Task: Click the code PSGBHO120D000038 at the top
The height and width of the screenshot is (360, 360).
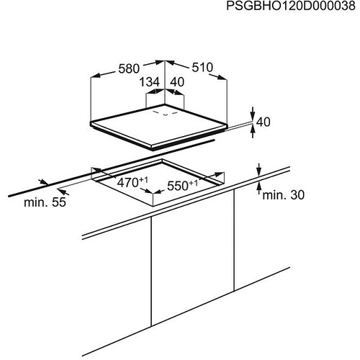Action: point(291,6)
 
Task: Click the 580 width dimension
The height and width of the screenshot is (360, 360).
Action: point(129,68)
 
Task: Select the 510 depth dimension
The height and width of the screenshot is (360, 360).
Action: point(202,68)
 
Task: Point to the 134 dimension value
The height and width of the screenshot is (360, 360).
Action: point(150,82)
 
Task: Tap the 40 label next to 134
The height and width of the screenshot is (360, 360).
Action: point(177,82)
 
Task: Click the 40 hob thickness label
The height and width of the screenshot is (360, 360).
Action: point(264,122)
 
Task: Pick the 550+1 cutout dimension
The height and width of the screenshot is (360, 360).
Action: point(182,185)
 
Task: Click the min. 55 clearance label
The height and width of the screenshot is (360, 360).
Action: point(45,202)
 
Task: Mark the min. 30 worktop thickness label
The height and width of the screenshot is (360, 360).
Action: point(284,195)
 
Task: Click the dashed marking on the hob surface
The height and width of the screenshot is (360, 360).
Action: point(166,113)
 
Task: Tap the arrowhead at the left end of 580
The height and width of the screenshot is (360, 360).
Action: point(96,75)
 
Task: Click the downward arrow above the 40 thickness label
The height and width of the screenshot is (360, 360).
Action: point(253,114)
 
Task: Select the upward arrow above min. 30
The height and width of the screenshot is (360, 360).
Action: point(258,189)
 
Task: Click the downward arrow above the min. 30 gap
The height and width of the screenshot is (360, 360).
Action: point(258,170)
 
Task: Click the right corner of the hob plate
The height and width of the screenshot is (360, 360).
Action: point(227,125)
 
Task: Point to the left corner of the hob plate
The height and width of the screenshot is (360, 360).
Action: point(91,123)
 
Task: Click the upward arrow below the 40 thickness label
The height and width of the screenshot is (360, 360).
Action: point(253,131)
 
